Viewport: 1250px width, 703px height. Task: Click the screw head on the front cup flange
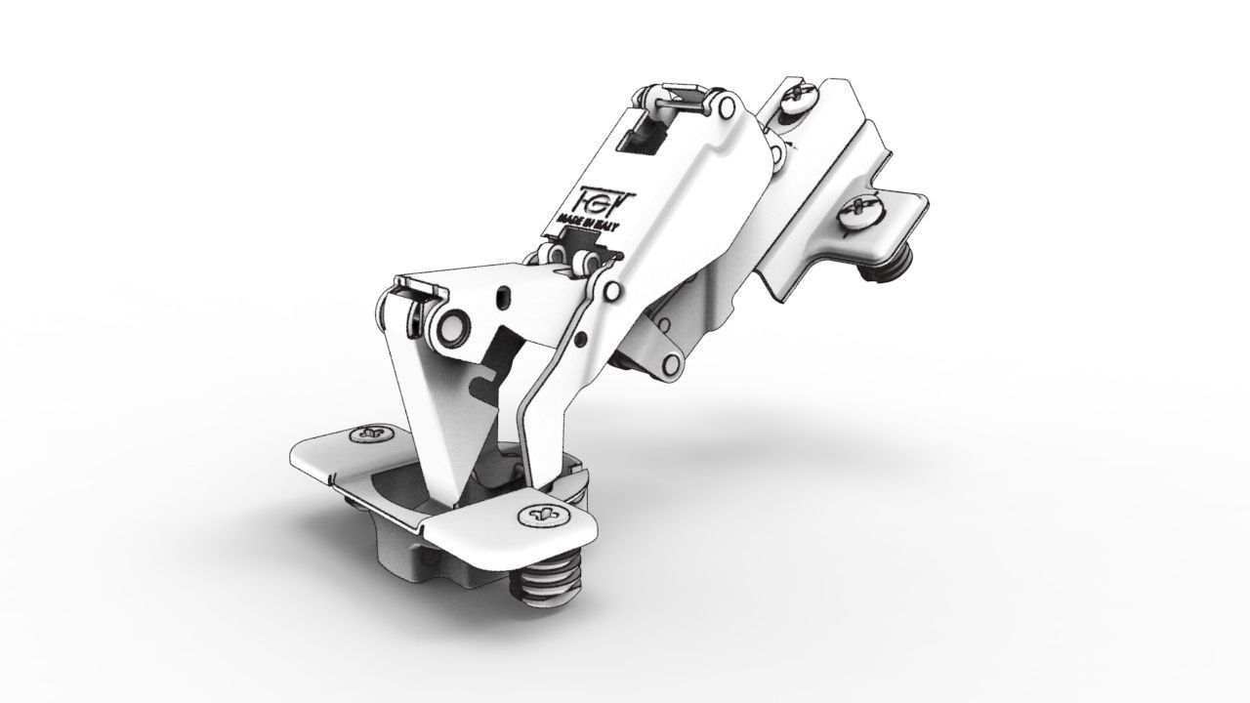coord(539,515)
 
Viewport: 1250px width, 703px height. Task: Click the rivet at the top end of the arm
coord(726,106)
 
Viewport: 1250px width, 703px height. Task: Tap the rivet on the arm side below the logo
coord(611,291)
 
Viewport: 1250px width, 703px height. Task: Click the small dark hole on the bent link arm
coord(581,339)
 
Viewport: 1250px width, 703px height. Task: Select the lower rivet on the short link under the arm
coord(672,366)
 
